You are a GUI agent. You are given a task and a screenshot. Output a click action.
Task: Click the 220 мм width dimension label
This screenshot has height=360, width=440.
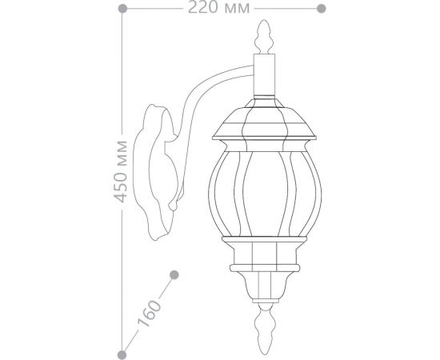pos(219,9)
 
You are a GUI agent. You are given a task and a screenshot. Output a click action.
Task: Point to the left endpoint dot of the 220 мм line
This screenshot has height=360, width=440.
pos(122,9)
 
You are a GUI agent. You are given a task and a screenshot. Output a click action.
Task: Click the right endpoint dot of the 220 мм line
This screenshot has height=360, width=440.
pos(320,9)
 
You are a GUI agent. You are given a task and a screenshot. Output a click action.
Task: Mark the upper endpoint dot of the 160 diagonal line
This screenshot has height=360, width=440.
pos(174,276)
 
